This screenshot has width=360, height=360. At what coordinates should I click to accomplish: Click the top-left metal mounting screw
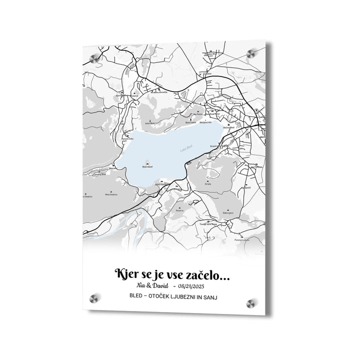click(x=93, y=59)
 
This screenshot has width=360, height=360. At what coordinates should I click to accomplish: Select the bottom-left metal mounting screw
click(x=93, y=298)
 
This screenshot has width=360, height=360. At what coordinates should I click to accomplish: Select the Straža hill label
click(x=207, y=184)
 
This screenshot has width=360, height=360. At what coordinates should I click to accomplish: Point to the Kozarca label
click(x=179, y=210)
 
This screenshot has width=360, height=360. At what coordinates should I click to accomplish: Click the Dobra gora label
click(x=228, y=213)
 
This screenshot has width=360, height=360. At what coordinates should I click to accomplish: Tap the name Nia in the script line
click(x=140, y=285)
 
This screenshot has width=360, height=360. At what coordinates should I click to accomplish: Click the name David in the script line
click(x=161, y=285)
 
